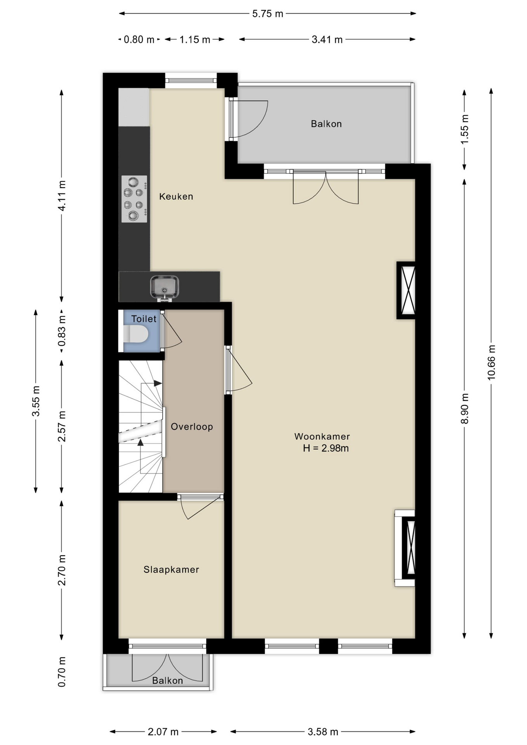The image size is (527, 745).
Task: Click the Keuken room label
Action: click(x=176, y=196)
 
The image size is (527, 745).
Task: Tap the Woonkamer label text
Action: click(x=322, y=437)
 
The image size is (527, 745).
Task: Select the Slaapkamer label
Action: click(x=171, y=570)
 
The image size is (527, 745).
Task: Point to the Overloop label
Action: click(x=192, y=427)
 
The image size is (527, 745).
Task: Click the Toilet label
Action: click(x=144, y=319)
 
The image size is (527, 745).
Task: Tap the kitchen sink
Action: click(x=165, y=288)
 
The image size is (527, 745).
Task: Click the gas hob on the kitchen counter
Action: click(x=134, y=199)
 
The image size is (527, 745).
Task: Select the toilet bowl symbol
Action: click(x=136, y=334)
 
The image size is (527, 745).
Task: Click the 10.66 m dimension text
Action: click(x=491, y=362)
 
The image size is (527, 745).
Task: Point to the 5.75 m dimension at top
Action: click(x=268, y=14)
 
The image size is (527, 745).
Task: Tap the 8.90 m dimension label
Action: click(x=465, y=409)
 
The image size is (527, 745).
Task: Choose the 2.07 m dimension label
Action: click(x=163, y=732)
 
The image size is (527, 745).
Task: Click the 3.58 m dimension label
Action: click(x=323, y=732)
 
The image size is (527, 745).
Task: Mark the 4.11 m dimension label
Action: click(x=61, y=196)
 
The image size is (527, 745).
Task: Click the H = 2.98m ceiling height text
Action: click(x=326, y=448)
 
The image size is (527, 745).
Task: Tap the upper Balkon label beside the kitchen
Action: click(x=326, y=124)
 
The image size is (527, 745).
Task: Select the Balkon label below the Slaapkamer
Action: click(x=167, y=681)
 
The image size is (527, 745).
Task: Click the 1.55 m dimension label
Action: click(x=465, y=129)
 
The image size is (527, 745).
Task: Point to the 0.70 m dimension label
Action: click(x=61, y=672)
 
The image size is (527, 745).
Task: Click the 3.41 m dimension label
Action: click(x=327, y=40)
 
